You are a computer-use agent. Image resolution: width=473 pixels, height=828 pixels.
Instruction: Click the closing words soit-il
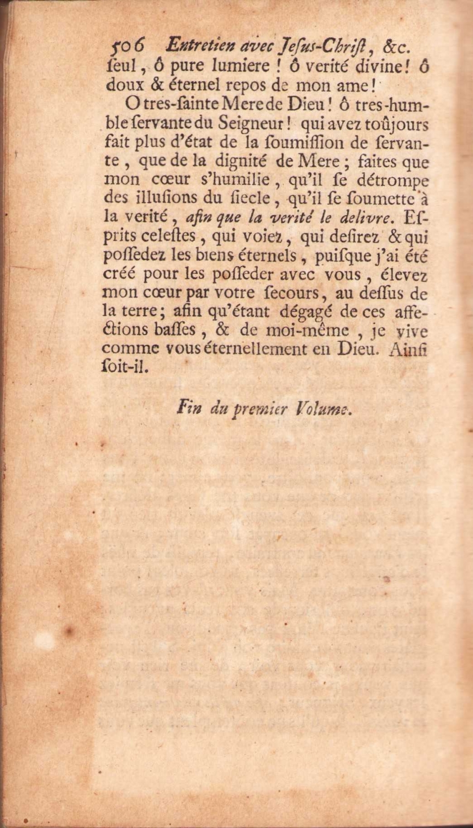click(x=127, y=368)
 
